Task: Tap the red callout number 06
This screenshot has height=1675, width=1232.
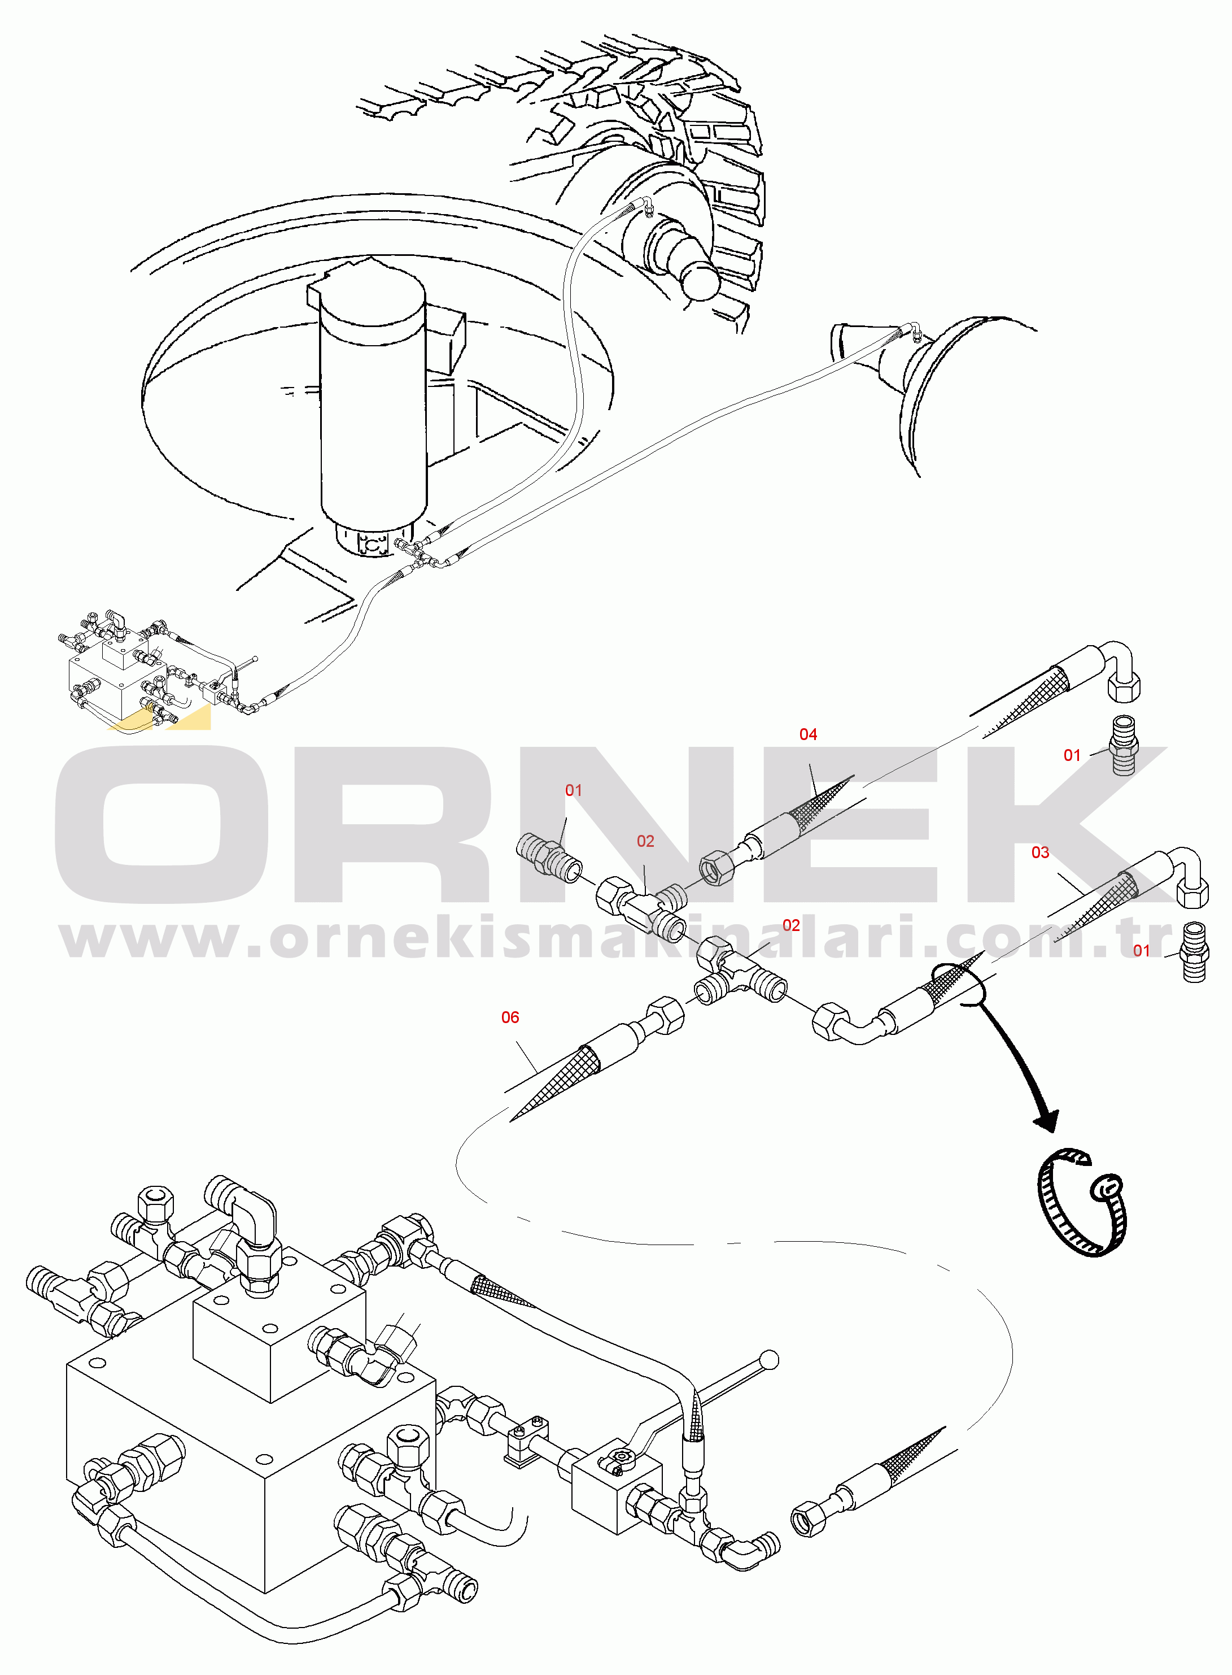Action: [x=510, y=1017]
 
